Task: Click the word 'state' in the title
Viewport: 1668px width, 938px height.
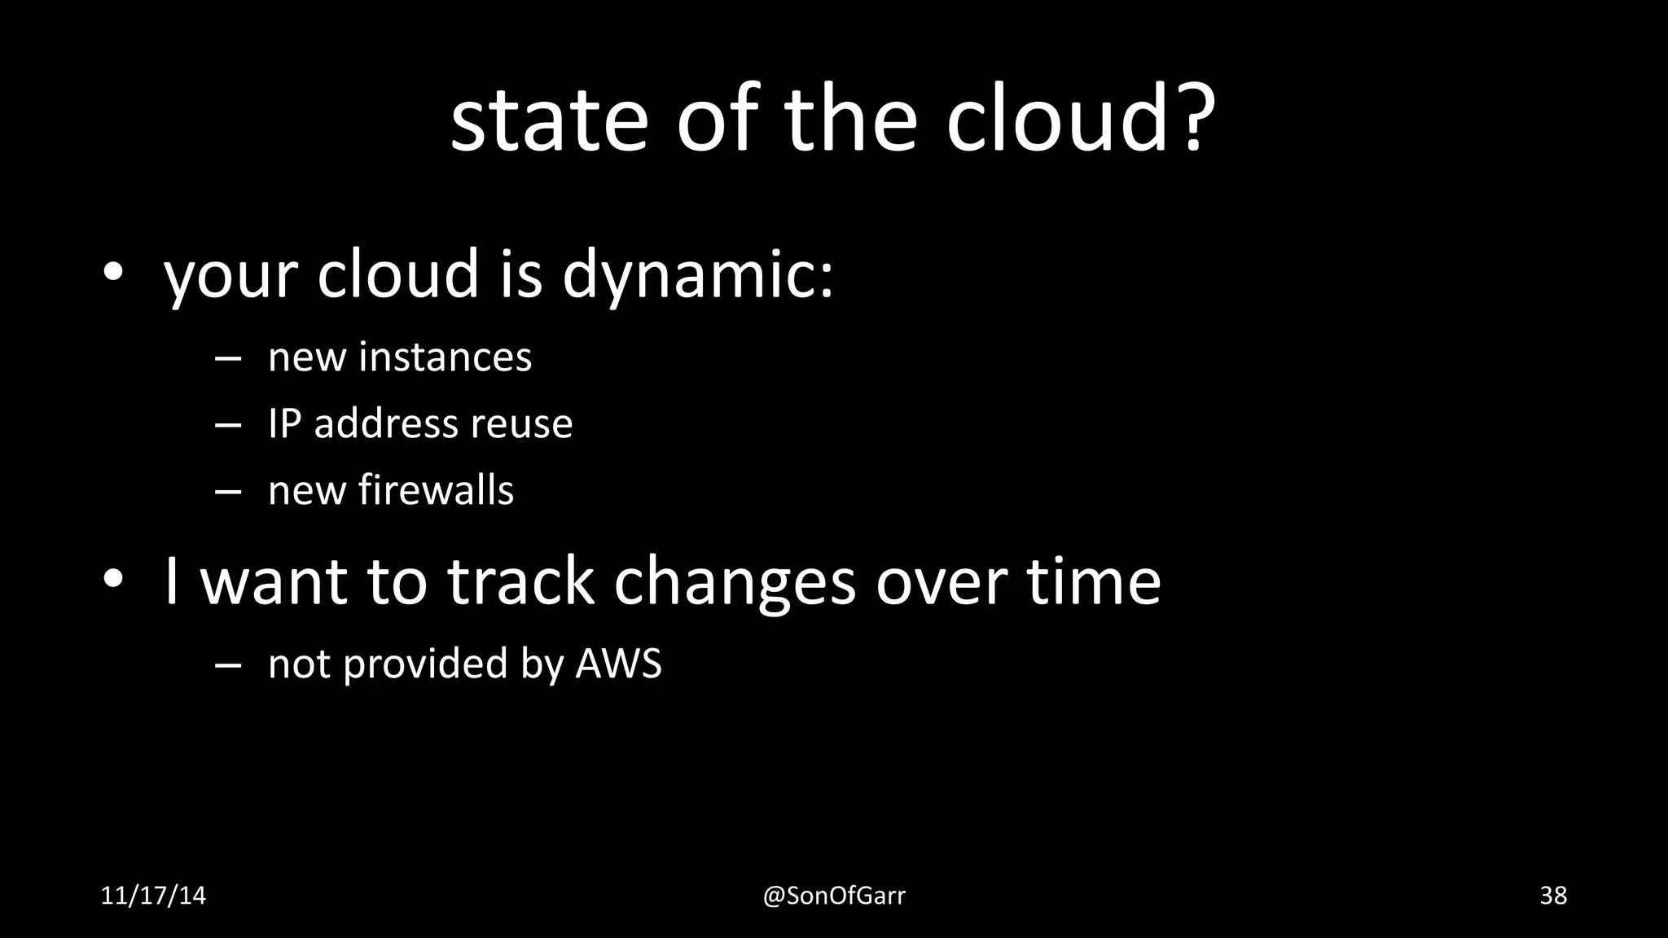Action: click(548, 122)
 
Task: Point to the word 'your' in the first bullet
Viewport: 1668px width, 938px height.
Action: click(230, 277)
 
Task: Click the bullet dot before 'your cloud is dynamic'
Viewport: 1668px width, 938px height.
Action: click(112, 273)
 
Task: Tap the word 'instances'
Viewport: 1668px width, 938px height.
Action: click(445, 357)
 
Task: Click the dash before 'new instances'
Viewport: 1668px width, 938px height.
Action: click(228, 359)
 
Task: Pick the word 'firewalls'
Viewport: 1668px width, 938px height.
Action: click(436, 490)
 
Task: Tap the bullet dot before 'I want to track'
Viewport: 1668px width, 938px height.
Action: click(112, 579)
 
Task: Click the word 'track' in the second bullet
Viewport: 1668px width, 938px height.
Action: click(520, 581)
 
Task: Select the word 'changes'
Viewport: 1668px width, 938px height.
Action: click(735, 583)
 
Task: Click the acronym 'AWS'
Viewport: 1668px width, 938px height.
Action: click(618, 664)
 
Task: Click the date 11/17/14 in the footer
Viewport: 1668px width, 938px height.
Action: click(153, 896)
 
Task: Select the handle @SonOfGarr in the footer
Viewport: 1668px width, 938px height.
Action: click(834, 896)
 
